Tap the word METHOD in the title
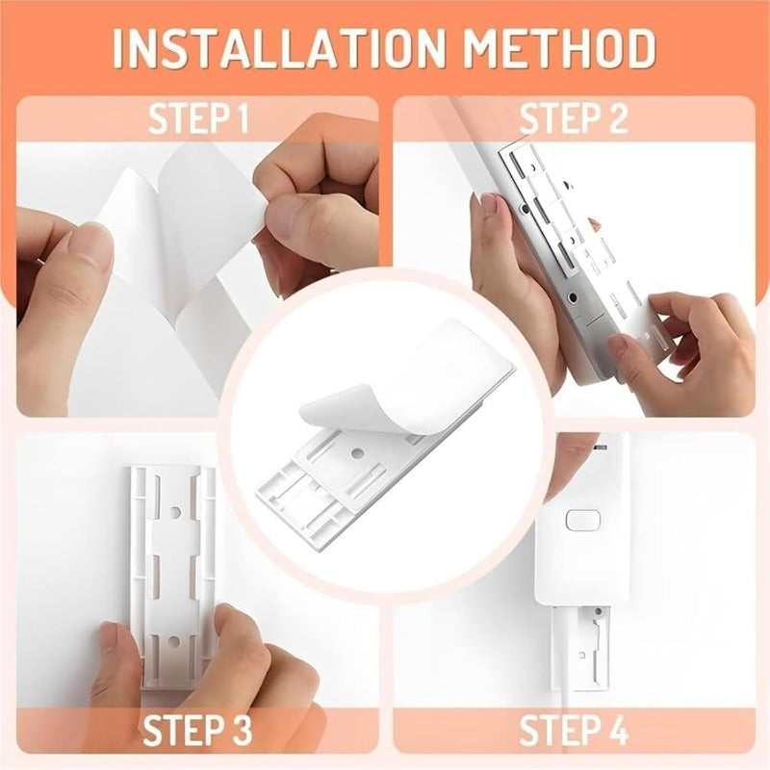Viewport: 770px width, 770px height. click(x=560, y=48)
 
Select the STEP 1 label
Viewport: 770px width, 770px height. click(x=199, y=118)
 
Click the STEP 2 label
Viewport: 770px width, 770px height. click(x=574, y=118)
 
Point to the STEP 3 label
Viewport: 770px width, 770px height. click(x=197, y=731)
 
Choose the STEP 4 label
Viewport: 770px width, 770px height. click(x=574, y=731)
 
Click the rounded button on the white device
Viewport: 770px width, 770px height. click(x=583, y=521)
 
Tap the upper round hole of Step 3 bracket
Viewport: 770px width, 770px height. click(x=175, y=513)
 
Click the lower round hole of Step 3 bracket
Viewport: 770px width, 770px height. click(x=175, y=640)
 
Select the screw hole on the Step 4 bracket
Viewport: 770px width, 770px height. click(x=598, y=612)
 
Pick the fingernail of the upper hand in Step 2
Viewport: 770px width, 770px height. click(x=489, y=204)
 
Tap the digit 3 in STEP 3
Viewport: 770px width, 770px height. click(x=241, y=731)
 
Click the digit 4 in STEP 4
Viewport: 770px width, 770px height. click(x=617, y=731)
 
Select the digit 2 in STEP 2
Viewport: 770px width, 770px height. click(x=617, y=118)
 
